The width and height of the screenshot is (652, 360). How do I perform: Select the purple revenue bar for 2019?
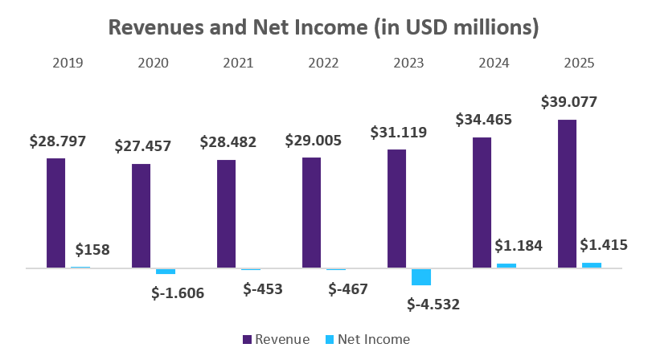(55, 213)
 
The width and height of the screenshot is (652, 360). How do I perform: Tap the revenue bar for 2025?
(567, 194)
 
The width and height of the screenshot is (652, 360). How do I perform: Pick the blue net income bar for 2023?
(421, 276)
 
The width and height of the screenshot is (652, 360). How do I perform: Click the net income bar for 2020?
(166, 271)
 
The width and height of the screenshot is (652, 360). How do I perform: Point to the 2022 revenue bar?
(311, 212)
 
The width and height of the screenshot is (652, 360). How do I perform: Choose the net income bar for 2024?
(506, 265)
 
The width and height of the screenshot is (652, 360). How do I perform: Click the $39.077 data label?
(569, 102)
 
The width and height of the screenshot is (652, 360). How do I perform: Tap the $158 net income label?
(92, 249)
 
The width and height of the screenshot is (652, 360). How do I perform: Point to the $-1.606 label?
(178, 292)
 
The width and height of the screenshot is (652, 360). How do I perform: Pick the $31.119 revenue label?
(399, 132)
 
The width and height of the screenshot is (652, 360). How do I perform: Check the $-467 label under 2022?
(347, 288)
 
